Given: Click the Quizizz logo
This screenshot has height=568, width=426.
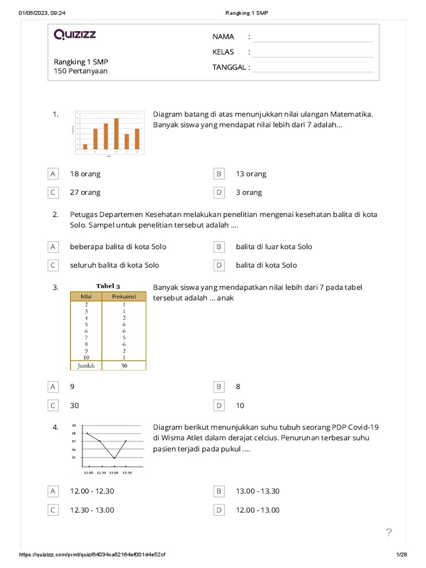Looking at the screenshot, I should click(x=75, y=35).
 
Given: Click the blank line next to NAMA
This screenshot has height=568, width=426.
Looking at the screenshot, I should click(x=312, y=37).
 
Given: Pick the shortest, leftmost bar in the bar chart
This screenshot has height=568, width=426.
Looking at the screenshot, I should click(x=85, y=147).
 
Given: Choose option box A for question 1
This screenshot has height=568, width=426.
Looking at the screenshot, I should click(x=53, y=174).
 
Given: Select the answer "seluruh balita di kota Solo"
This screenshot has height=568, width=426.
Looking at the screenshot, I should click(x=114, y=265).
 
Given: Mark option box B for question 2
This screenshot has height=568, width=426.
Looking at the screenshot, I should click(x=219, y=247).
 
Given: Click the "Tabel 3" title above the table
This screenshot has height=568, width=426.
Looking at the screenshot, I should click(x=108, y=286).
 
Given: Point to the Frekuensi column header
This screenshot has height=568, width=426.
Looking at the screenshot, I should click(x=124, y=297).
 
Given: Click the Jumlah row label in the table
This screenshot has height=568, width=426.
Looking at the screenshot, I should click(x=85, y=366).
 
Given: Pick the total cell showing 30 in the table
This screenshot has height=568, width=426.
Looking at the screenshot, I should click(x=124, y=366).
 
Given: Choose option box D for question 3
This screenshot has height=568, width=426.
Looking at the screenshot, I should click(x=219, y=405).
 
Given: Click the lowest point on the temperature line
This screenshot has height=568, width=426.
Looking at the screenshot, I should click(x=114, y=458).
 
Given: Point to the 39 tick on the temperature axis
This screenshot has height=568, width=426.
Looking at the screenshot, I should click(x=73, y=425).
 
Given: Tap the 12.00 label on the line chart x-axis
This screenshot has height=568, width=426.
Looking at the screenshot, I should click(x=88, y=473).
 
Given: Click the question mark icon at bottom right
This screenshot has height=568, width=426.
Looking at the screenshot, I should click(x=389, y=533).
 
